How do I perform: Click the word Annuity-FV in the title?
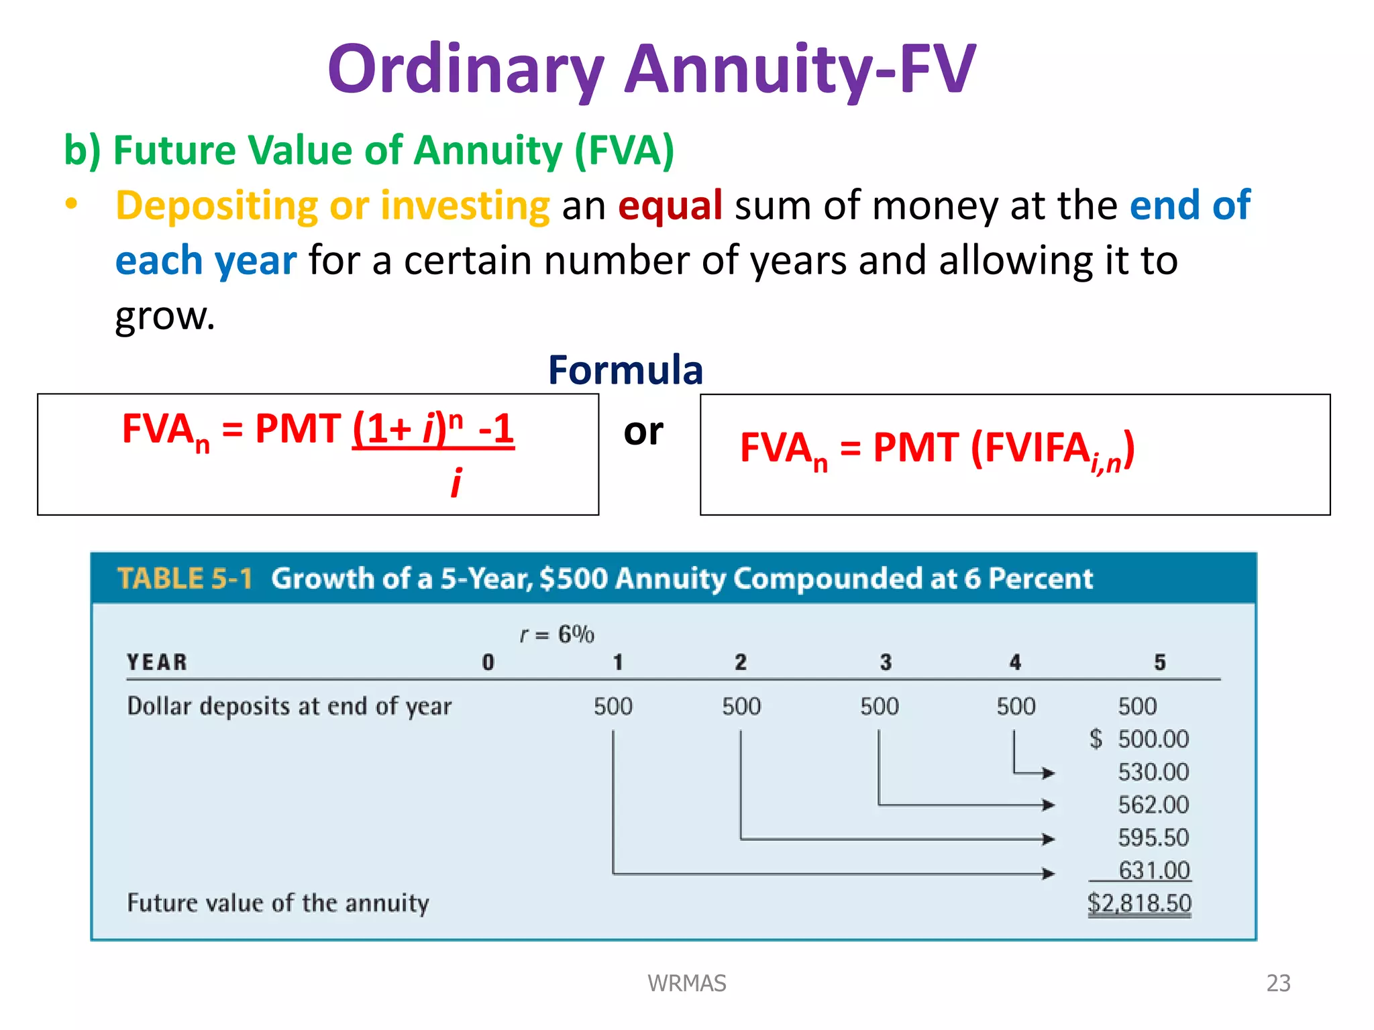point(800,68)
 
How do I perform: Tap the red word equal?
point(670,205)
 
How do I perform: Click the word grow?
point(164,316)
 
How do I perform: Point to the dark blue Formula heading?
point(625,369)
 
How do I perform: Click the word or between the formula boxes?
point(643,431)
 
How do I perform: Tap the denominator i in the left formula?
point(456,482)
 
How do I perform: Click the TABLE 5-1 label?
point(184,578)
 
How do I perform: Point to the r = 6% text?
point(557,634)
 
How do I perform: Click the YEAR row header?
point(157,663)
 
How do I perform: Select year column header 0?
point(488,663)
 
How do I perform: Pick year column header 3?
point(886,663)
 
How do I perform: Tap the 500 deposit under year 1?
point(613,706)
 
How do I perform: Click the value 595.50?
point(1153,838)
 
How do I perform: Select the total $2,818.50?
point(1139,903)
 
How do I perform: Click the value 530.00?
point(1153,772)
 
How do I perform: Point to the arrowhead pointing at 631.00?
point(1048,873)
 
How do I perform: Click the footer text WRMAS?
point(686,983)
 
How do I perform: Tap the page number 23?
point(1278,983)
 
